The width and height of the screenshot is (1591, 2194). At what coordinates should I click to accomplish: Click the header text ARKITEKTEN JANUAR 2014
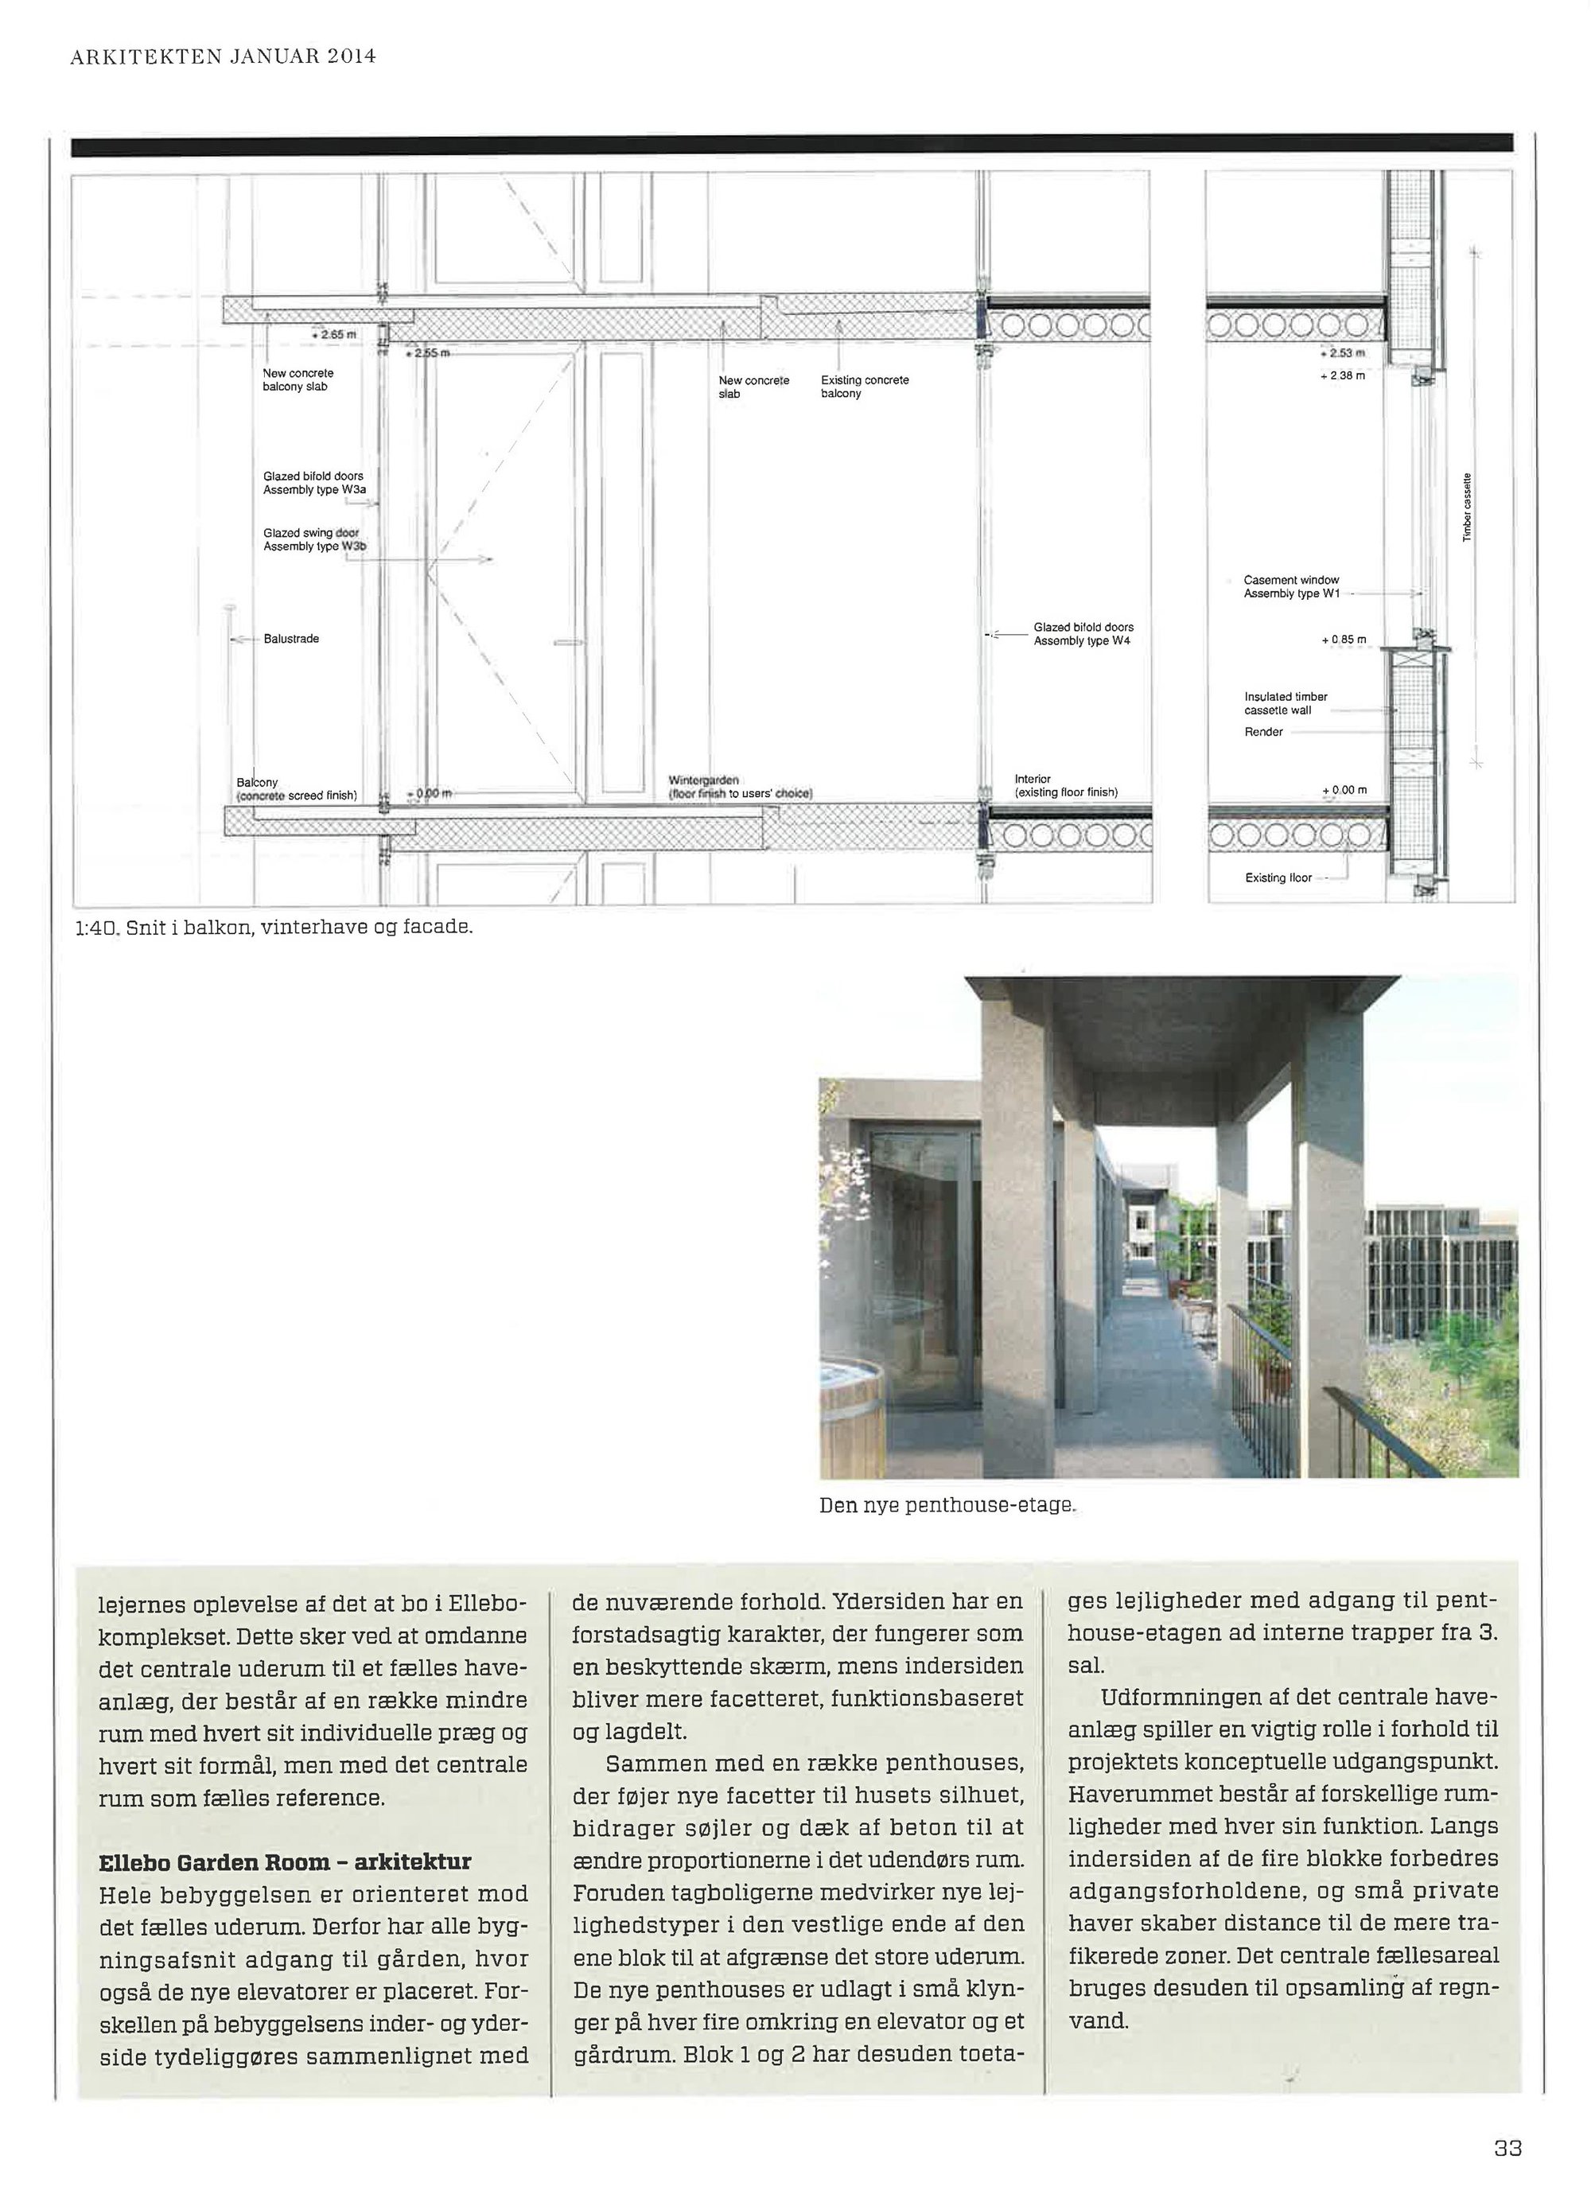tap(223, 56)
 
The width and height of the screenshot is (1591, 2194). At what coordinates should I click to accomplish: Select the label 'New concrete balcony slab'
tap(297, 379)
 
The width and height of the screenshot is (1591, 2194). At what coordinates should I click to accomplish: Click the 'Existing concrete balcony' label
tap(864, 386)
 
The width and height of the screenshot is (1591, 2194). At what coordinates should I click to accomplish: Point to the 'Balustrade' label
tap(290, 639)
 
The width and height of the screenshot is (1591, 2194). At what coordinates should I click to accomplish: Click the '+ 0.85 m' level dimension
tap(1344, 640)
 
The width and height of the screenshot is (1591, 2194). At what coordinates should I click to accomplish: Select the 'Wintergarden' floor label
tap(703, 780)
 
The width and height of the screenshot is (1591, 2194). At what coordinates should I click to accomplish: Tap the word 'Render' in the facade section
tap(1263, 731)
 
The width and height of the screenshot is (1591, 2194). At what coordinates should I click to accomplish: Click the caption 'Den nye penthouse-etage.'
tap(947, 1505)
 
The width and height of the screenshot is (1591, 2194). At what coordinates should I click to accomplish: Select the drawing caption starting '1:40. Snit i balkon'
tap(274, 927)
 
